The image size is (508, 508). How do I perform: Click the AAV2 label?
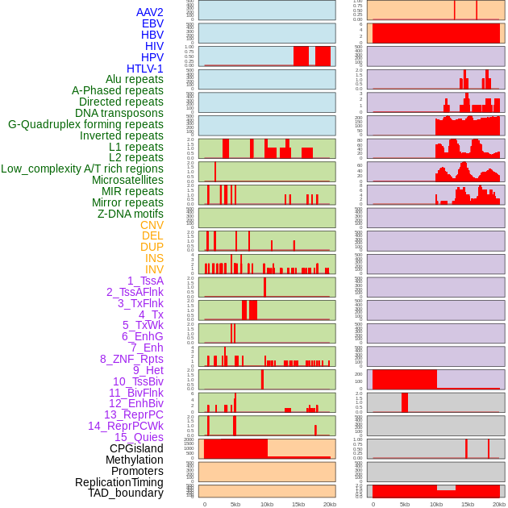coord(149,12)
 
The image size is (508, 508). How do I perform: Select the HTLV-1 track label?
coord(144,69)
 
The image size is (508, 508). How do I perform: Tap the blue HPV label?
coord(152,57)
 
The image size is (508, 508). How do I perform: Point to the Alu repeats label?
coord(134,79)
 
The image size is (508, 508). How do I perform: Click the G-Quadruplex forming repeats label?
coord(85,124)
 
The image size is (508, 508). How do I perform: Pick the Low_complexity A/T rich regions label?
coord(82,169)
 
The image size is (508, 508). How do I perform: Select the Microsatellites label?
coord(127,180)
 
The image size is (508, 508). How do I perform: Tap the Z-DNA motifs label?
coord(130,214)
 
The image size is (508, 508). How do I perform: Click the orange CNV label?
coord(152,225)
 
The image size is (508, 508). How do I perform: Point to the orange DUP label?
coord(152,247)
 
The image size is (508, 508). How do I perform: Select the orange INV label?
coord(154,269)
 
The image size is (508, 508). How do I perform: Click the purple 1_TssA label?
coord(145,281)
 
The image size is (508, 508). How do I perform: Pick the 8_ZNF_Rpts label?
coord(131,359)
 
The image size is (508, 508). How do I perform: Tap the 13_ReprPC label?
coord(133,414)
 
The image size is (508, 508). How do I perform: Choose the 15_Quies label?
coord(138,437)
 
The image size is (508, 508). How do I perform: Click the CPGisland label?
coord(136,448)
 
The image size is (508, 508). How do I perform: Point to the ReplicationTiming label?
coord(119,482)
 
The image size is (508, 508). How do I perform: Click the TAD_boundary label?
coord(126,493)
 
